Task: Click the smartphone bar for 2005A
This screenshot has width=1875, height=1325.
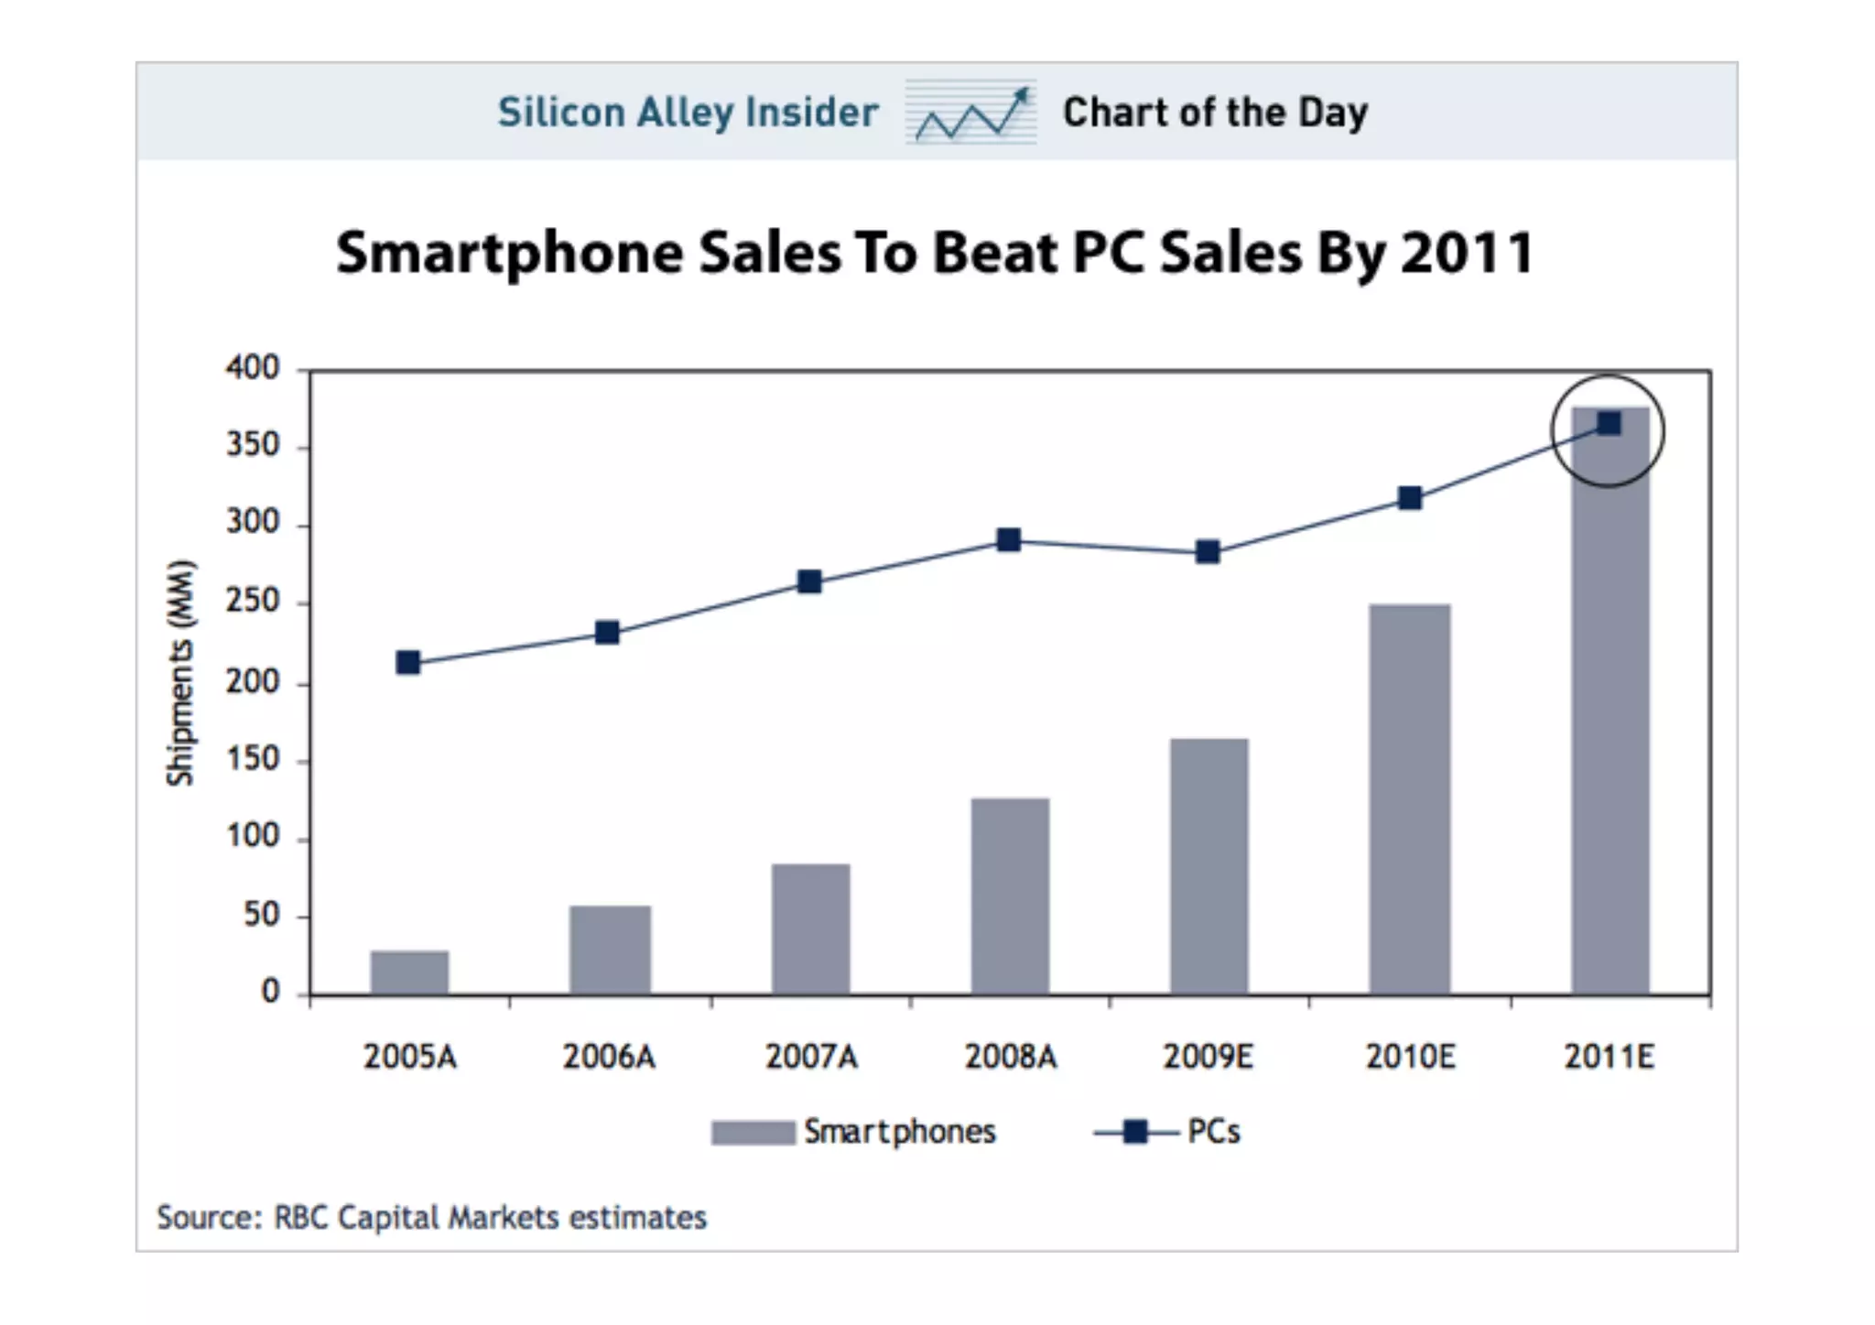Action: (x=409, y=972)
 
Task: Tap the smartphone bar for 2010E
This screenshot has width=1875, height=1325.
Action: (x=1409, y=798)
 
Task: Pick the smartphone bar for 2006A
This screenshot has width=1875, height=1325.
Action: (x=610, y=949)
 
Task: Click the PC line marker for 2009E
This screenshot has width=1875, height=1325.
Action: (x=1208, y=551)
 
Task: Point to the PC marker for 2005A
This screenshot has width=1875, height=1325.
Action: (x=408, y=662)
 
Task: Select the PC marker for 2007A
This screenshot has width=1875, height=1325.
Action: (x=809, y=581)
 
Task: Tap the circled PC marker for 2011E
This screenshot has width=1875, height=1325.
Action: (x=1609, y=423)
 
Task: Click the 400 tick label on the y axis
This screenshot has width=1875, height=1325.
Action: (x=253, y=368)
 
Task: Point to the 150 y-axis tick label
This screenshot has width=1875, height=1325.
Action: (x=253, y=759)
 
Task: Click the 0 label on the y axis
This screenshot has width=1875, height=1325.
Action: (x=270, y=992)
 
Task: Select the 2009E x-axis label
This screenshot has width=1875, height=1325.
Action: (x=1208, y=1057)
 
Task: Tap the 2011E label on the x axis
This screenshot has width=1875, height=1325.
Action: (x=1609, y=1057)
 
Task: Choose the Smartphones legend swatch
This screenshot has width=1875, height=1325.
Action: (x=753, y=1133)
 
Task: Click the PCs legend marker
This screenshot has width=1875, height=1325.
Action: (x=1135, y=1133)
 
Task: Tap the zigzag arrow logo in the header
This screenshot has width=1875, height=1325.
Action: (x=971, y=113)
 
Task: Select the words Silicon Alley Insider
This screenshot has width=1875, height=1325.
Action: (x=688, y=113)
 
